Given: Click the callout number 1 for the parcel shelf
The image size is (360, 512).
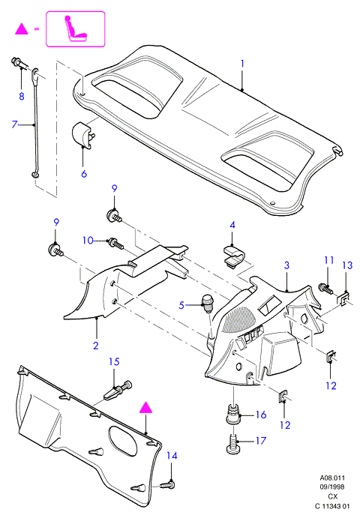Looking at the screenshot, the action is pos(242,64).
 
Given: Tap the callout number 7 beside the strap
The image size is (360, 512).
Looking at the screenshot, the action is pos(14,124).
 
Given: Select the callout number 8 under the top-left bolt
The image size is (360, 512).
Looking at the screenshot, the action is pos(22,96).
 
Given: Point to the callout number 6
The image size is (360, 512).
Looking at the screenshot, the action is pos(84,174).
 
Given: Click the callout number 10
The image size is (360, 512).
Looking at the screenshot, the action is pos(88,241).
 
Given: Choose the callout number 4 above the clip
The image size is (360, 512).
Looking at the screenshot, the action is pos(232,225).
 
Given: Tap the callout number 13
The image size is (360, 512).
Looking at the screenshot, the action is pos(347,265).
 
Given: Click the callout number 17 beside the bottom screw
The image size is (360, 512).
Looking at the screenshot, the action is pos(261,441).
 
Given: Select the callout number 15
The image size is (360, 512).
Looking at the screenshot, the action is pos(114,362).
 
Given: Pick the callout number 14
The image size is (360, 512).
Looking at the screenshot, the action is pos(172,456).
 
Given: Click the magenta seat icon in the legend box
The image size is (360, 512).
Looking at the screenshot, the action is pos(76,28).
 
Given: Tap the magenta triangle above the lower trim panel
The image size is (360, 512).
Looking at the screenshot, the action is pos(145,408).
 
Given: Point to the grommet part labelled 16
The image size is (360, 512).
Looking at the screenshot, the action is pos(233,413).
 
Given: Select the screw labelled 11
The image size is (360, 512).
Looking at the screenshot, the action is pos(325,289).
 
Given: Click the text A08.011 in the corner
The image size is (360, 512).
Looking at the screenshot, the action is pos(332,478).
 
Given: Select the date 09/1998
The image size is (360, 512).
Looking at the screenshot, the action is pos(332,487).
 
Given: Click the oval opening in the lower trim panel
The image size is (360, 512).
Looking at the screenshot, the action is pos(122,441).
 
